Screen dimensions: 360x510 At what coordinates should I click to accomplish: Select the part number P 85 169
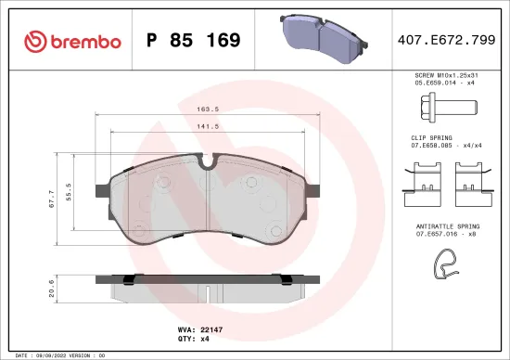pyautogui.click(x=194, y=41)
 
